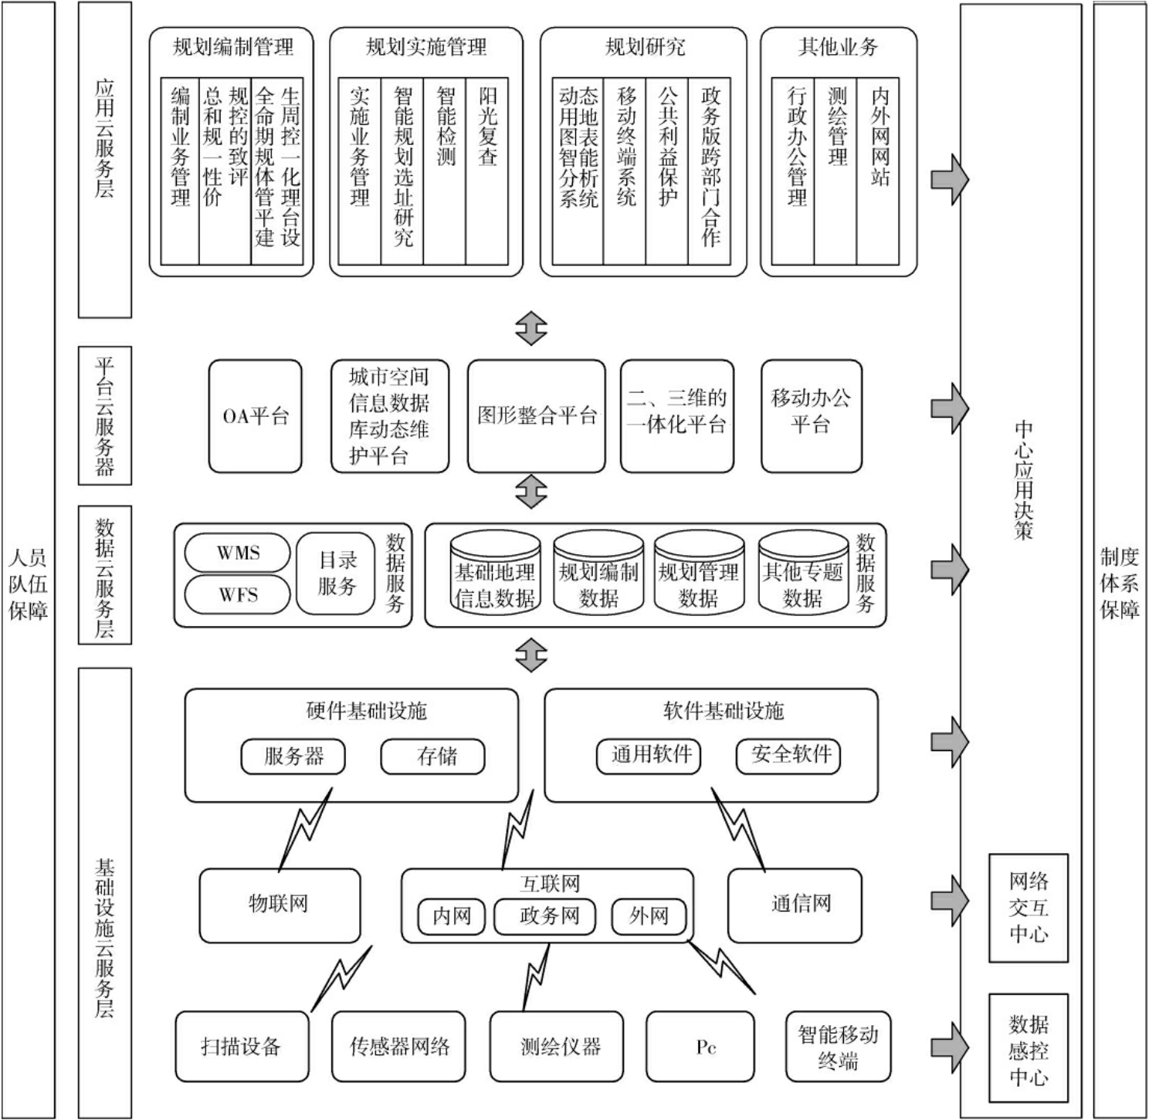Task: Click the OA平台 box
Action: click(255, 417)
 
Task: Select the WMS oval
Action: click(238, 553)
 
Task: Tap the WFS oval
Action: click(238, 595)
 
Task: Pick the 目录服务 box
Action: click(336, 574)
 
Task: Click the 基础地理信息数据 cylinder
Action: click(495, 574)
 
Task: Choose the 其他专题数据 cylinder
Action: click(803, 574)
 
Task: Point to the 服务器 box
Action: click(293, 756)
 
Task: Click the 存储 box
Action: click(433, 756)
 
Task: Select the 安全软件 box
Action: click(788, 754)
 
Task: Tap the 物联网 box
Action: click(280, 905)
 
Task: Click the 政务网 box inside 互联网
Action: click(549, 915)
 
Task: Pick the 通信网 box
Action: click(795, 905)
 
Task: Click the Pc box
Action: click(700, 1047)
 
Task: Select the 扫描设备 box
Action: click(242, 1047)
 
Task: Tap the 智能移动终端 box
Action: click(838, 1047)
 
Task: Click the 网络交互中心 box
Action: click(1029, 908)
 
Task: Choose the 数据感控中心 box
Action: click(1029, 1048)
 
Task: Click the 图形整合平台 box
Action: click(537, 417)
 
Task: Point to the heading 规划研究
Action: click(644, 48)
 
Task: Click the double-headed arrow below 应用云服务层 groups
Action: click(531, 329)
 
